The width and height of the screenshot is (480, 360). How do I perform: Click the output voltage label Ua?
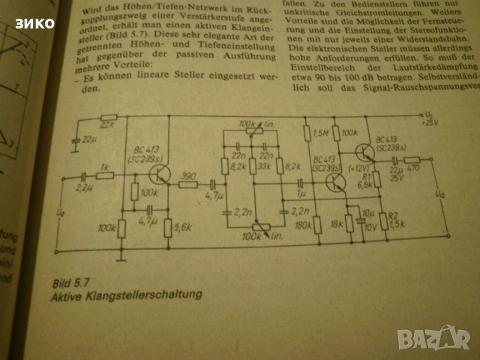438,193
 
